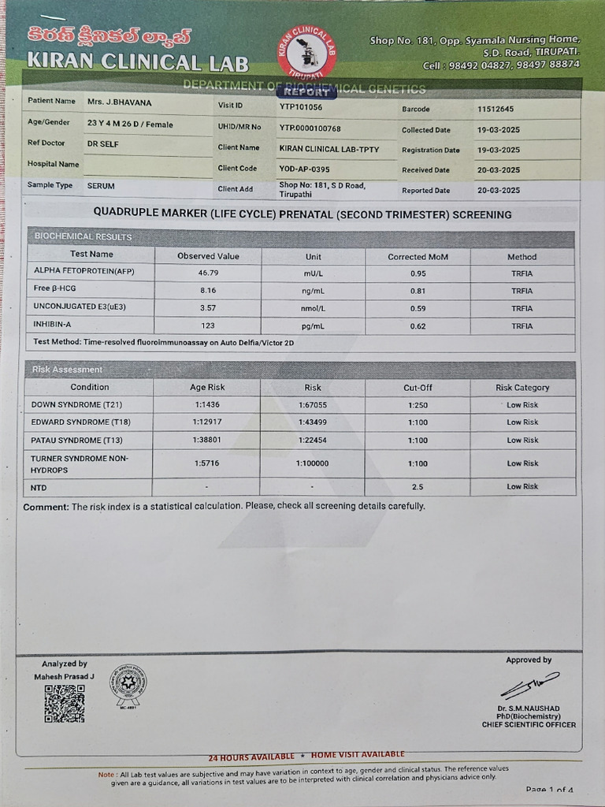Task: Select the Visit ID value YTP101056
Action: (x=301, y=106)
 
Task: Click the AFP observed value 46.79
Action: (x=208, y=273)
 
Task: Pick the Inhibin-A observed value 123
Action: (x=208, y=325)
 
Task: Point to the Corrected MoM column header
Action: (x=418, y=257)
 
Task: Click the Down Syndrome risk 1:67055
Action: (x=313, y=404)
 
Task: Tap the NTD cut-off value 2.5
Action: (x=418, y=487)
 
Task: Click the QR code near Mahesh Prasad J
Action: (x=64, y=703)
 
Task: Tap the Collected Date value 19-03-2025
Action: (x=499, y=129)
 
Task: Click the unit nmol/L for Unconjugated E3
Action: (x=313, y=308)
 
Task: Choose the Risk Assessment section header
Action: (x=68, y=370)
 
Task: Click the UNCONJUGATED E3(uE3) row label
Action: (x=79, y=306)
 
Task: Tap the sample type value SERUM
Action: (x=102, y=185)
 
